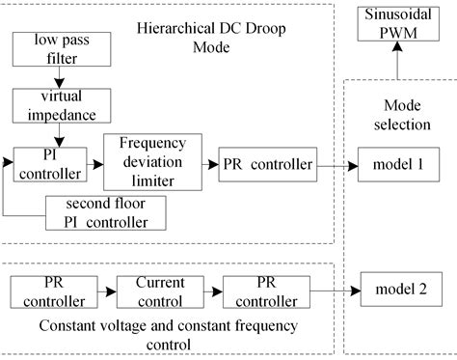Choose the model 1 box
(398, 165)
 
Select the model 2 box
(399, 287)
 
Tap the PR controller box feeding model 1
(267, 165)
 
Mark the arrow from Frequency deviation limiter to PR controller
(208, 165)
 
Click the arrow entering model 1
(337, 165)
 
